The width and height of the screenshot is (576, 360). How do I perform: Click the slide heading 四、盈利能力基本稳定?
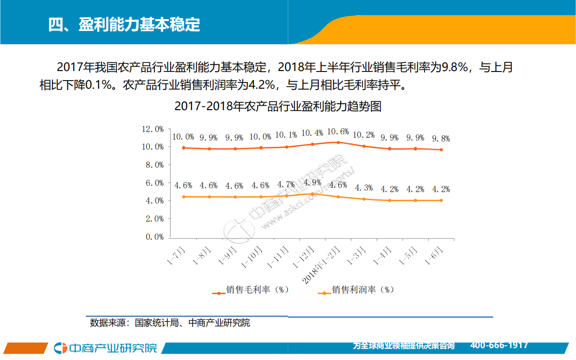pos(124,24)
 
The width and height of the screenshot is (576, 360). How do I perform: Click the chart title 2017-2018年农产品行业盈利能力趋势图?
pos(278,106)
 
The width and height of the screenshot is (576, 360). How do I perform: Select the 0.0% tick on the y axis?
pos(154,237)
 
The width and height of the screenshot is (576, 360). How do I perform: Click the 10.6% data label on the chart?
pos(338,132)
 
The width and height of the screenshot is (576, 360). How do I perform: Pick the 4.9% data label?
pos(312,183)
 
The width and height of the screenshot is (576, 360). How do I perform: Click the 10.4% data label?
pos(312,133)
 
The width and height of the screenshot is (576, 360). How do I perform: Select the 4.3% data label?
pos(364,187)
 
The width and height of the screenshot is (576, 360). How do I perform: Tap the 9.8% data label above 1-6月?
pos(441,139)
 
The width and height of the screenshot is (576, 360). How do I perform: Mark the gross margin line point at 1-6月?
pos(441,150)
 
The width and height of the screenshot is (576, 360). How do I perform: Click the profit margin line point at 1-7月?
pos(184,196)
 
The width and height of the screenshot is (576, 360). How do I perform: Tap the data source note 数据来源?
pos(170,323)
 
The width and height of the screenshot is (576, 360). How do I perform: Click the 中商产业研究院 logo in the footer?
pos(106,348)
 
